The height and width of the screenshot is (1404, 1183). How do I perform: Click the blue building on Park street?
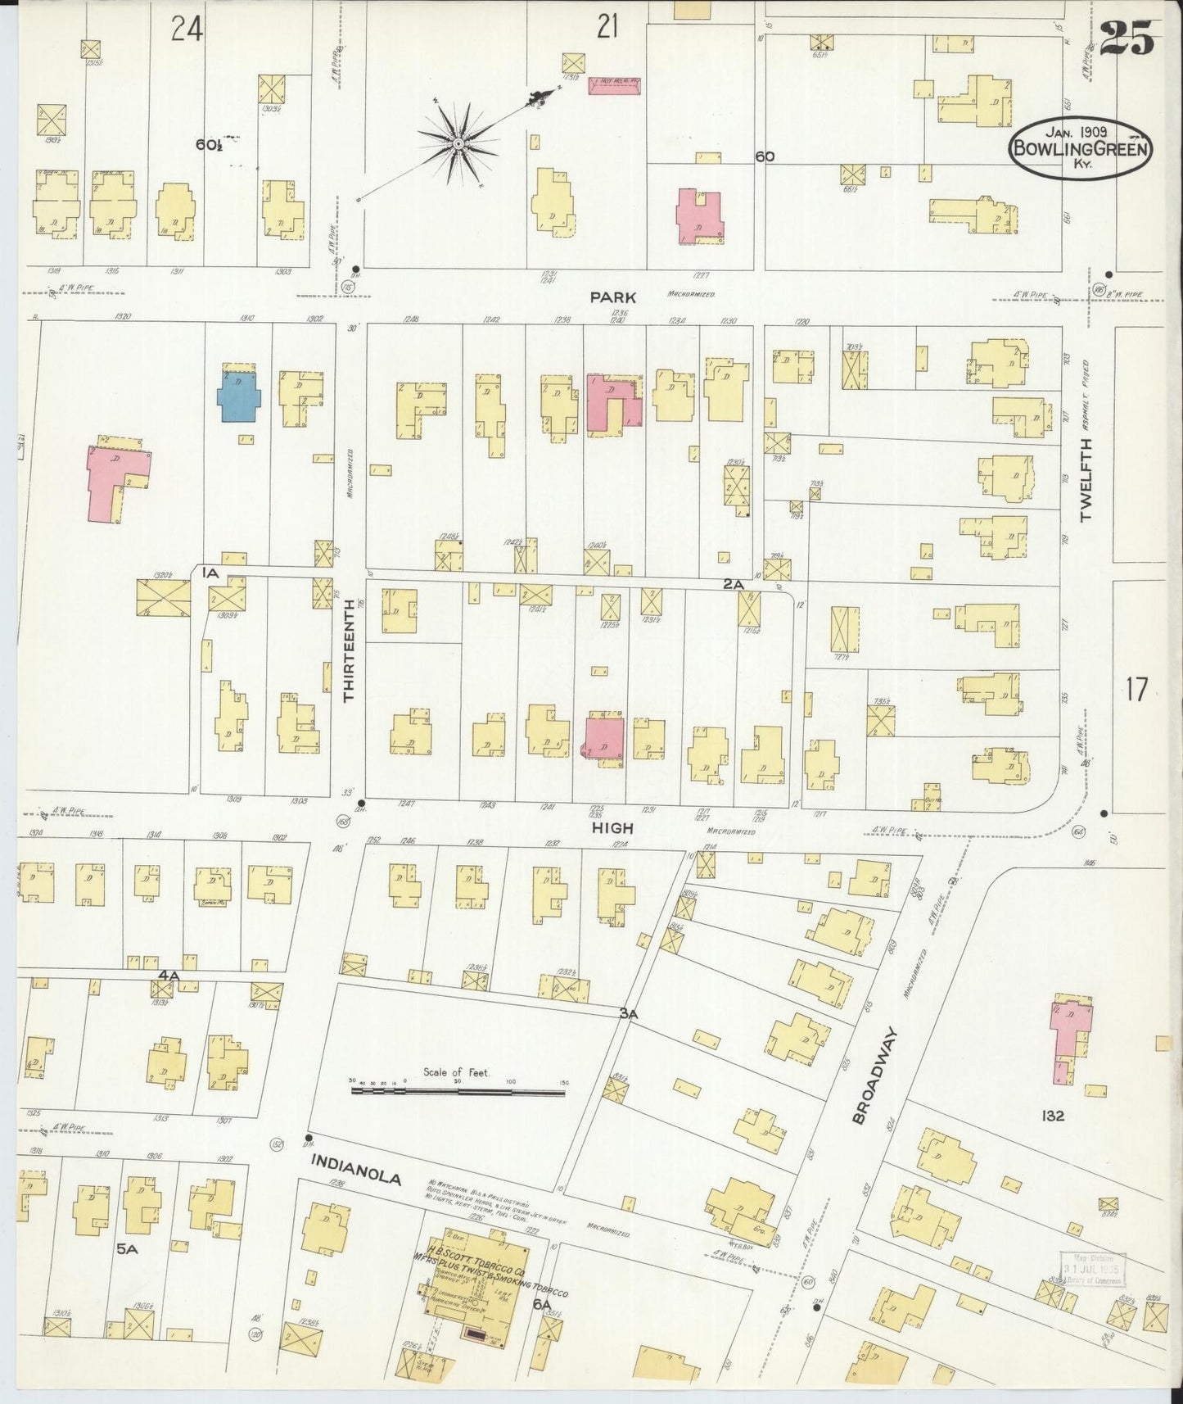[x=238, y=396]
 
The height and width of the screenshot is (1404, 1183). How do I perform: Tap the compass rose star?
[x=458, y=145]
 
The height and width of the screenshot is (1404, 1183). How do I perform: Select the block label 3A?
[x=628, y=1013]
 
